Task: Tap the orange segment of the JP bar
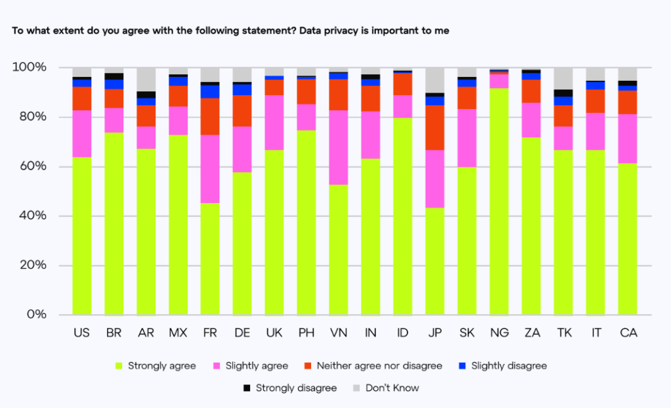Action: click(x=435, y=127)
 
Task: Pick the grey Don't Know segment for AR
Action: click(x=146, y=79)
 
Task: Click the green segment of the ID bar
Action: click(x=403, y=216)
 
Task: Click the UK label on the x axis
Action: click(x=274, y=333)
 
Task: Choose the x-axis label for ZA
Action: click(x=532, y=333)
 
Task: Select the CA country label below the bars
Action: click(x=628, y=333)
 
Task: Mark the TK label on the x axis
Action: click(x=564, y=333)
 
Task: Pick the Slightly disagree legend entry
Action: click(x=509, y=366)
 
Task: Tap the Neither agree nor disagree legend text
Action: click(x=379, y=366)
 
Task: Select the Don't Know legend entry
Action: click(x=392, y=388)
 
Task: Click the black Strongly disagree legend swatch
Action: click(x=247, y=388)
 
